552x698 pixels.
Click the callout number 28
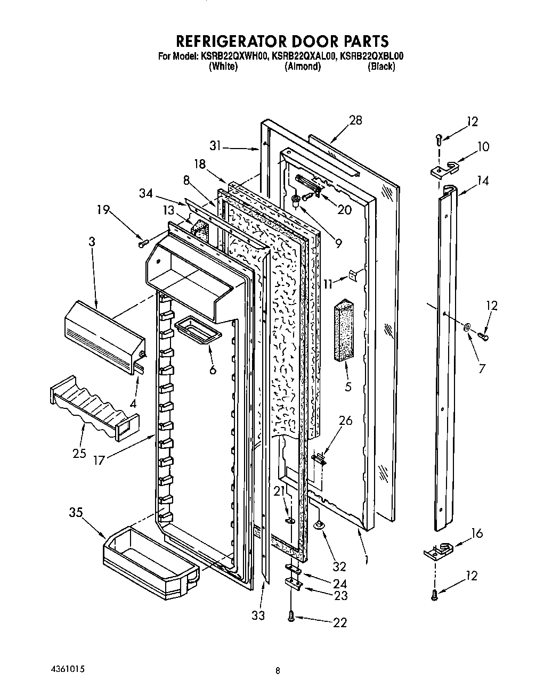click(x=355, y=120)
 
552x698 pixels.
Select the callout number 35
click(x=76, y=513)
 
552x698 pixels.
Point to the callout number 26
click(x=346, y=421)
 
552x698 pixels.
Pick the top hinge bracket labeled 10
click(x=444, y=169)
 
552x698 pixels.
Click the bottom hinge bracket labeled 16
click(x=438, y=551)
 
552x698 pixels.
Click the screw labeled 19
click(x=142, y=243)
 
